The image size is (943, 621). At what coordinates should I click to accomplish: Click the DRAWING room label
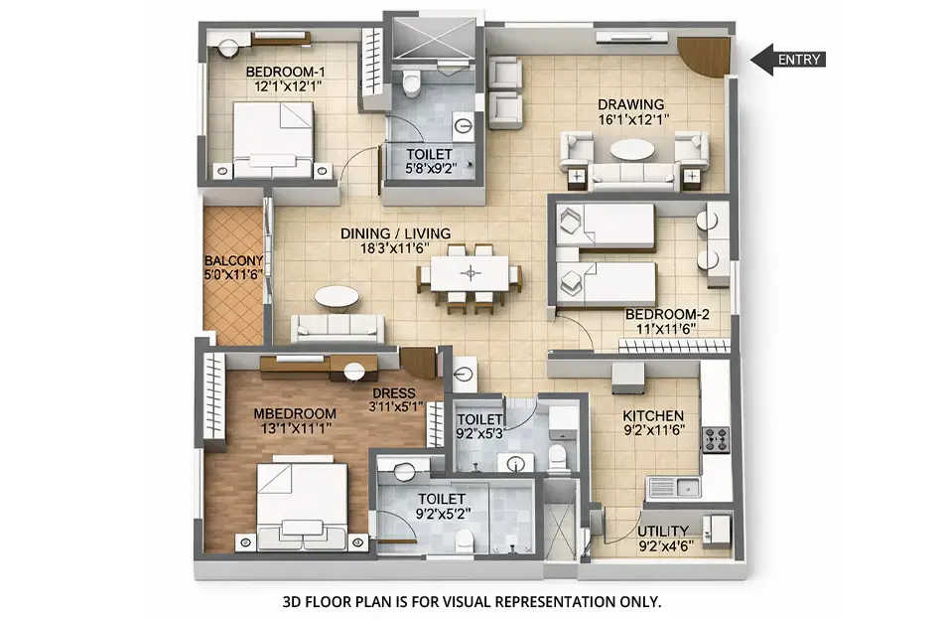(x=630, y=104)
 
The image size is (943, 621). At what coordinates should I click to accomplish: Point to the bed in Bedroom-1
(x=272, y=139)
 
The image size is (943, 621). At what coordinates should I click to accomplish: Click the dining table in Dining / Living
(x=471, y=273)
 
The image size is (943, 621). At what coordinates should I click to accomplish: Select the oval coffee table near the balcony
(x=337, y=296)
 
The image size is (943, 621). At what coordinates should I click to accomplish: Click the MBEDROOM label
(x=294, y=413)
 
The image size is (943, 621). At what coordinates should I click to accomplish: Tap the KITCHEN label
(x=652, y=415)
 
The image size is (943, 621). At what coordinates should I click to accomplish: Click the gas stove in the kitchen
(x=716, y=440)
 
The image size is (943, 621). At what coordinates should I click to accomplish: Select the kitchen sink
(x=673, y=488)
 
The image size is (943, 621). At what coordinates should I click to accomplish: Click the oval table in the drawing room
(x=631, y=149)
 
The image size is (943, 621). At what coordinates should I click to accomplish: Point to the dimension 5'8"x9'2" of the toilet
(x=430, y=170)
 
